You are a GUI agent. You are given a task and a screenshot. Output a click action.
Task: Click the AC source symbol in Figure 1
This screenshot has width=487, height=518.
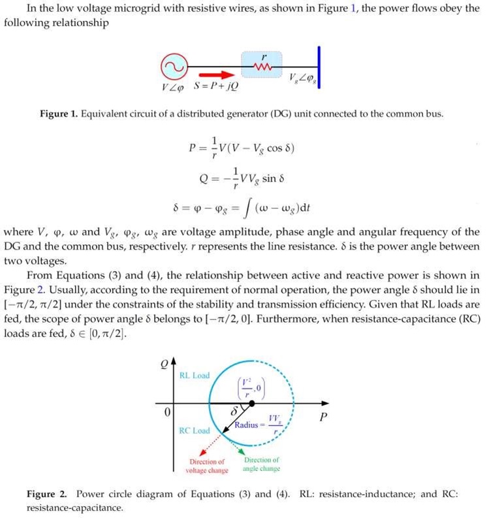[174, 67]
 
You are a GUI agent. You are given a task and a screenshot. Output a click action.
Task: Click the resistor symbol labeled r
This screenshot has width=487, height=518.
[264, 67]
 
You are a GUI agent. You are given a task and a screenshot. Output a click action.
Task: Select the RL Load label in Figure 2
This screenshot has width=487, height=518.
[194, 376]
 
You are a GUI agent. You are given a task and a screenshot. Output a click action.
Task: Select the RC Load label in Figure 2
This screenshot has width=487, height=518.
[194, 430]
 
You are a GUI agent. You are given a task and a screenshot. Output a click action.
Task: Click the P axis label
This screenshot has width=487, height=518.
[321, 416]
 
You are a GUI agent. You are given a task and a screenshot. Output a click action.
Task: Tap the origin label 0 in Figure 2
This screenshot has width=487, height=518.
[167, 413]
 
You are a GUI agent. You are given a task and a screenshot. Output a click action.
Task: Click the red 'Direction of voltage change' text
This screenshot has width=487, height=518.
[206, 465]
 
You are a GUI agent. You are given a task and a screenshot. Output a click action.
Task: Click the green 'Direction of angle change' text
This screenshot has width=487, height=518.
[260, 464]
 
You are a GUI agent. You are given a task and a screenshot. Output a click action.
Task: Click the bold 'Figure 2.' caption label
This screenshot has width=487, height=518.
[48, 494]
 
